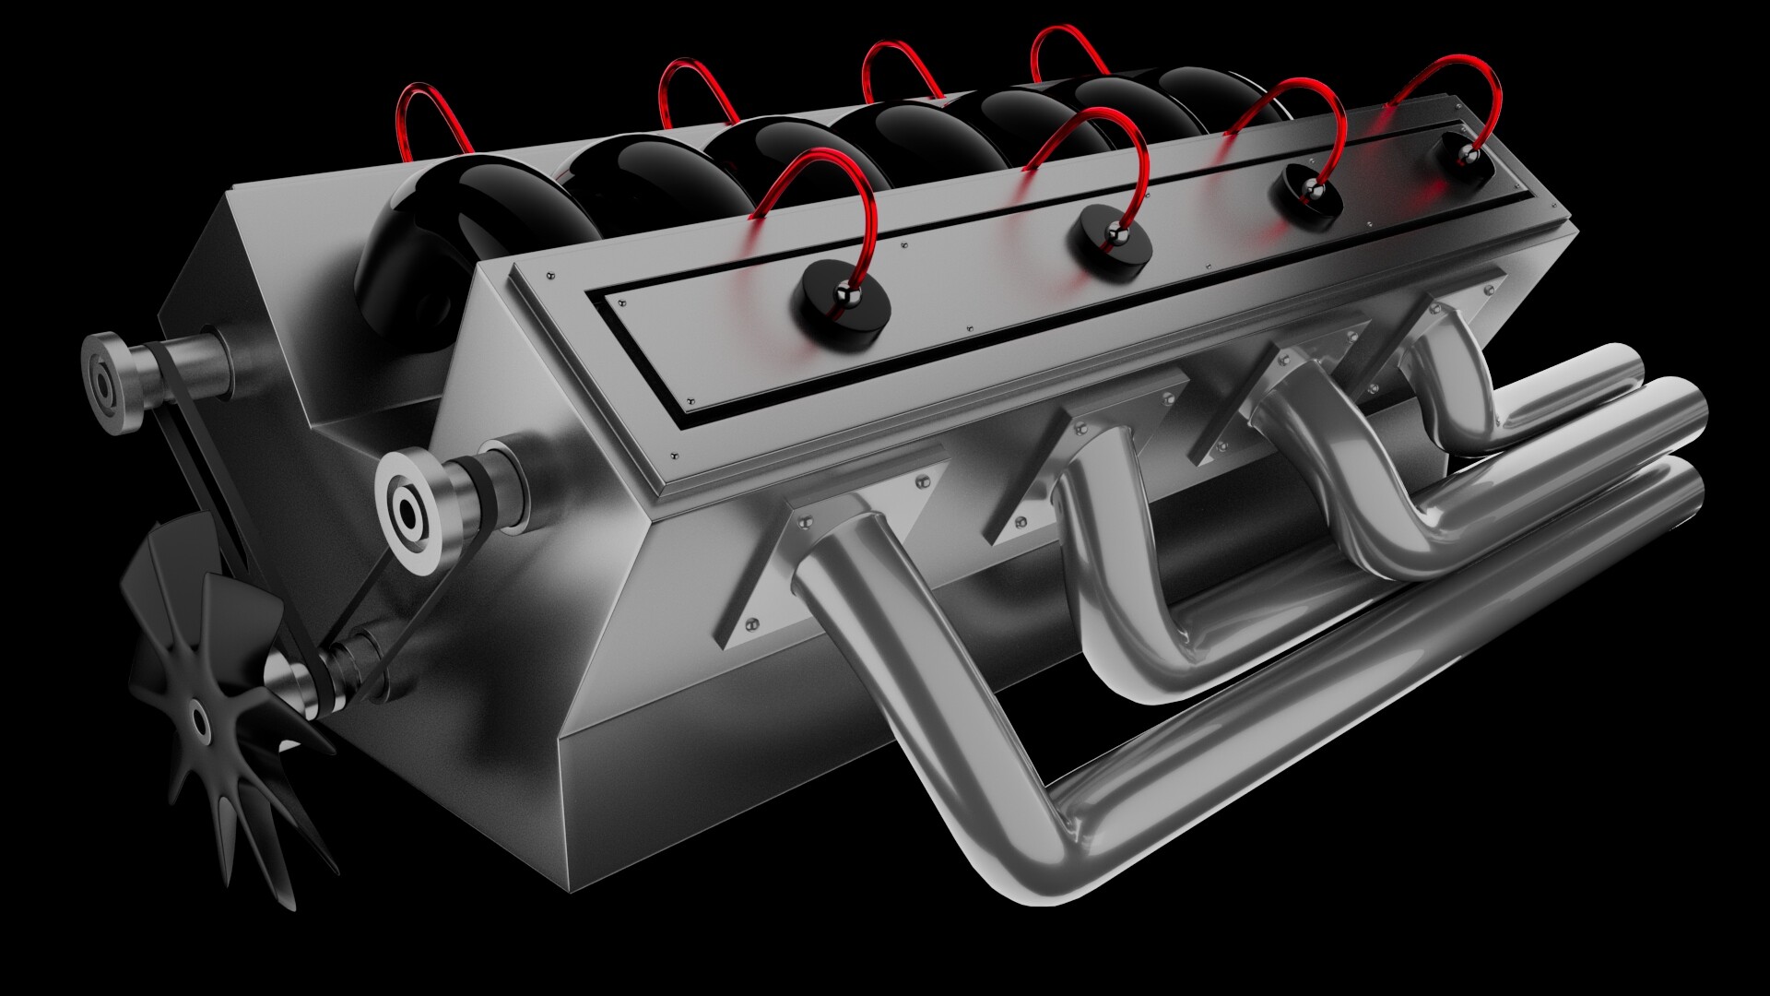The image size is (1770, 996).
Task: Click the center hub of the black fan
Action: pos(198,718)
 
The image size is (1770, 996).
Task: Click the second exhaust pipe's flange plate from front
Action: pos(1051,480)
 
